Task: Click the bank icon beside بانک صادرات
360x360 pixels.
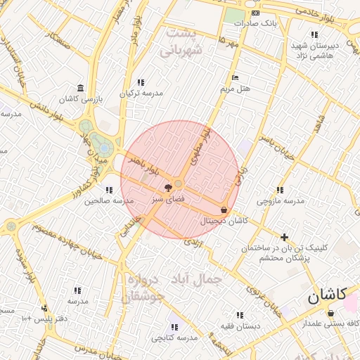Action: (255, 13)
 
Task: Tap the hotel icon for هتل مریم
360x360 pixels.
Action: (235, 77)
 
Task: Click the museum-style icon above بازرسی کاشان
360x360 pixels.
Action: (81, 88)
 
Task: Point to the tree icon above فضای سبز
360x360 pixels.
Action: (167, 188)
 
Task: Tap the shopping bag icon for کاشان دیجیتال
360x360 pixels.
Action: (224, 210)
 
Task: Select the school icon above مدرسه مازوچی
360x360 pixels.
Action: (280, 190)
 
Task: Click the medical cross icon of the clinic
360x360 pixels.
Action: (284, 237)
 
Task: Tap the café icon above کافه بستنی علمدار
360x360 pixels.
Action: (330, 313)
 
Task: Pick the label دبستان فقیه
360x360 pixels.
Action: (239, 326)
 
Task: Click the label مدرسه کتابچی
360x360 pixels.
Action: (176, 339)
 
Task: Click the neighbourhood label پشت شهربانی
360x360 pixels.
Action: (181, 42)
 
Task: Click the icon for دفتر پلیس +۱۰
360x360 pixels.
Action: (44, 308)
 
